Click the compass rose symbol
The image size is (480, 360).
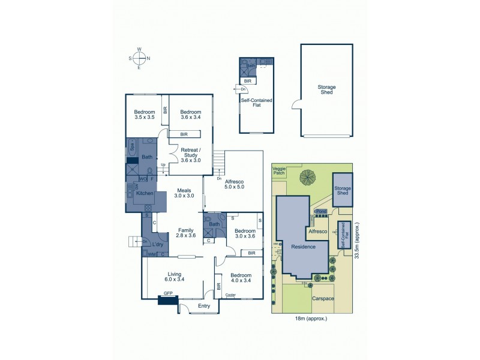[139, 58]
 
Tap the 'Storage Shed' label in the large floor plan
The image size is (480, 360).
[326, 90]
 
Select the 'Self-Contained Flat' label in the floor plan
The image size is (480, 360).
[257, 104]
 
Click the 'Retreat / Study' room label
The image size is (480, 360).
[190, 155]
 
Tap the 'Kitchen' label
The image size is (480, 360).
[145, 194]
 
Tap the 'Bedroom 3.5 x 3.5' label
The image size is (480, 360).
[144, 115]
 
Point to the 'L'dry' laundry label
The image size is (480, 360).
[158, 245]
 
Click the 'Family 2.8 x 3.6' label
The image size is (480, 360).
[185, 232]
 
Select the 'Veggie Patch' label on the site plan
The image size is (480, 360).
[280, 171]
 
